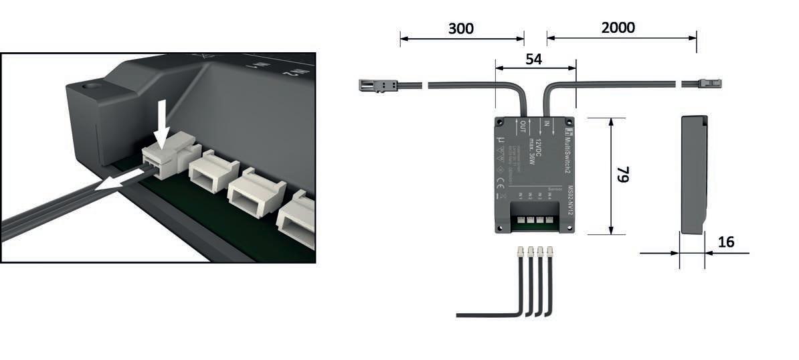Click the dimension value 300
[460, 28]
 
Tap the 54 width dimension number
[533, 59]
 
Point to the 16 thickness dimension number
[725, 242]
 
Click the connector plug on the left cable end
[377, 85]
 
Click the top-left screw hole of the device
[499, 122]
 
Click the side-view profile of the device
[693, 174]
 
